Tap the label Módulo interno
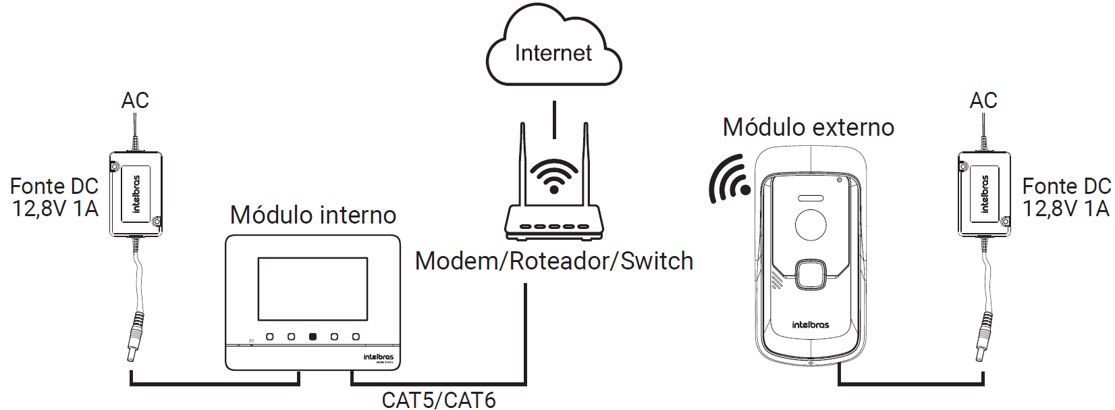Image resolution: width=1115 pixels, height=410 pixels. click(312, 215)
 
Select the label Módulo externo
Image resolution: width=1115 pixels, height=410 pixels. click(808, 127)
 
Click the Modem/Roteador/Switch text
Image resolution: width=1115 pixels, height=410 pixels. click(553, 261)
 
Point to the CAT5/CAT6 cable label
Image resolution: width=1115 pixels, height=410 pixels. click(439, 399)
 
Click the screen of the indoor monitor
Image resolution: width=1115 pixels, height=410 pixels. click(312, 288)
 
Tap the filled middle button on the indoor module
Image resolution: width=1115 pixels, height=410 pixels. click(312, 336)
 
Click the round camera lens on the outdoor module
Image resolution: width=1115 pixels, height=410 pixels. click(811, 224)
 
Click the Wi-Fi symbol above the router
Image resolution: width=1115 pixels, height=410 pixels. click(553, 177)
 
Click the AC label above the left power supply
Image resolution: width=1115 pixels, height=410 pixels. click(135, 101)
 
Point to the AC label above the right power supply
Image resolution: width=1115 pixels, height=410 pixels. click(983, 101)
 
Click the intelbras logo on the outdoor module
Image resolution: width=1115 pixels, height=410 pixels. click(810, 325)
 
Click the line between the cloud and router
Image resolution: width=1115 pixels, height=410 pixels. click(554, 120)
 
